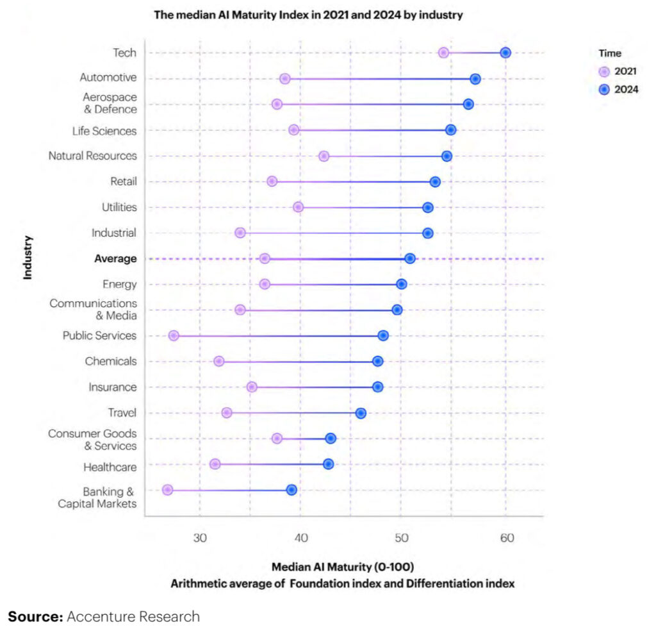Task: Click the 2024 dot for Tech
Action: point(505,53)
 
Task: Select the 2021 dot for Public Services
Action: point(174,335)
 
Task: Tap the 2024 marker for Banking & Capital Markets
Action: point(291,490)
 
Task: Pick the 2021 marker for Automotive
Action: point(285,79)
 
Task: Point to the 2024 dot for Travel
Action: point(361,413)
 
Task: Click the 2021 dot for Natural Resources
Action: point(324,156)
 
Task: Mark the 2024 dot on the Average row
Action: point(410,258)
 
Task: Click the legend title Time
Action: point(610,54)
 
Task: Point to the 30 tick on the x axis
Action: point(200,537)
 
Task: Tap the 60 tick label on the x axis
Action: point(507,537)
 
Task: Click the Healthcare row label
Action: point(110,467)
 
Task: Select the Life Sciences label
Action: point(104,131)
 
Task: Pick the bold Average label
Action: point(115,259)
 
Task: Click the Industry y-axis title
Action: point(28,258)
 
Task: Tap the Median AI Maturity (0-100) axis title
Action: point(343,567)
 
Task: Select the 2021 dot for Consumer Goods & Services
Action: point(277,439)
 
